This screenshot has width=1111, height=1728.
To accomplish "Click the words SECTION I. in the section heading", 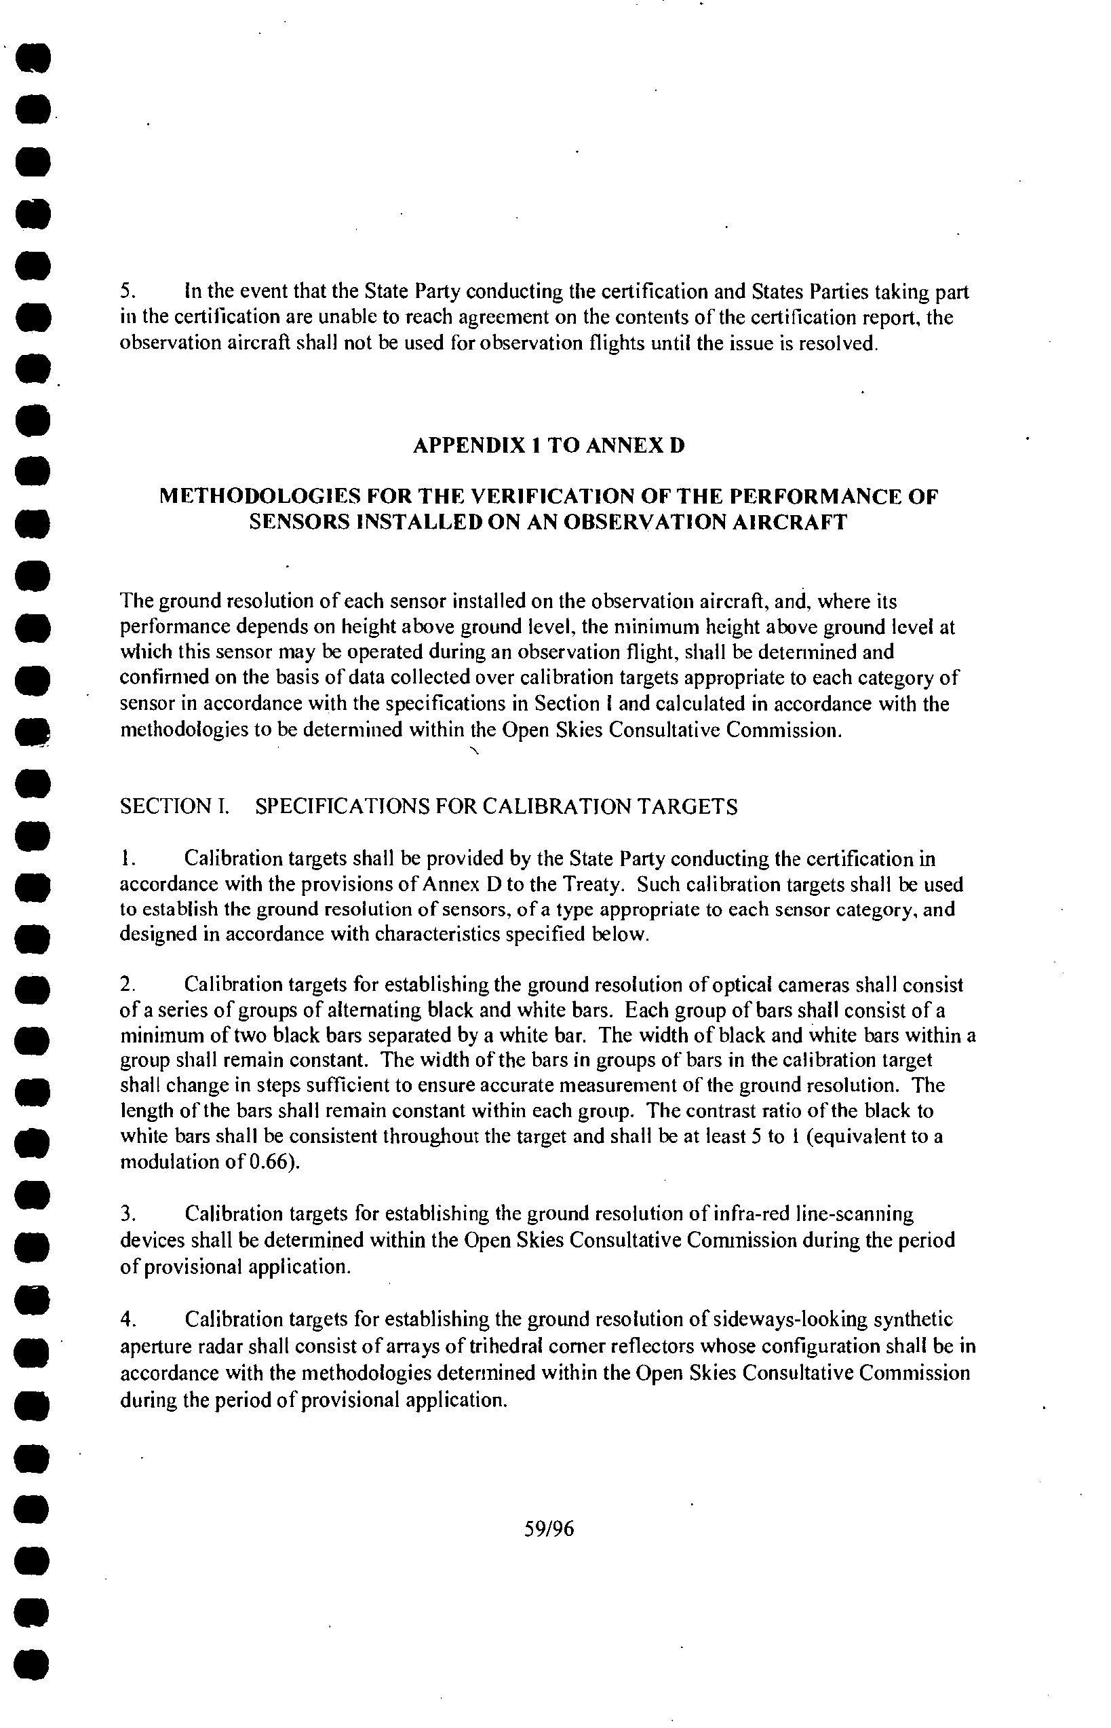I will pyautogui.click(x=174, y=806).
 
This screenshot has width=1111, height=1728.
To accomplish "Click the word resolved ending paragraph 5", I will pyautogui.click(x=842, y=343).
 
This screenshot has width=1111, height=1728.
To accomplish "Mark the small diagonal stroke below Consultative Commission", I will pyautogui.click(x=473, y=752).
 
